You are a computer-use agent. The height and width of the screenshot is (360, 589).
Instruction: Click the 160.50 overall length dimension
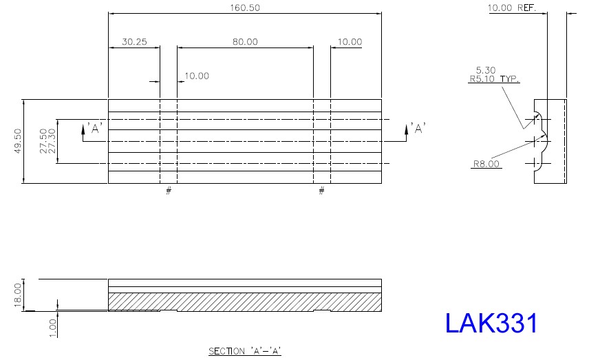pyautogui.click(x=245, y=8)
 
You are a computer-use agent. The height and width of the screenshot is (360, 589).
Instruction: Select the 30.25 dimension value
pyautogui.click(x=134, y=42)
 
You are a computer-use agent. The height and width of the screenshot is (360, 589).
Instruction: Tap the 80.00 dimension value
pyautogui.click(x=245, y=42)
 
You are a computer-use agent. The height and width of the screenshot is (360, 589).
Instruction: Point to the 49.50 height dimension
pyautogui.click(x=18, y=141)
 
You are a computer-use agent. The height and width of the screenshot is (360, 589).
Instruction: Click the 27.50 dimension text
pyautogui.click(x=43, y=141)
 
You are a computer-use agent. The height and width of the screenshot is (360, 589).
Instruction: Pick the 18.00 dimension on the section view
pyautogui.click(x=18, y=295)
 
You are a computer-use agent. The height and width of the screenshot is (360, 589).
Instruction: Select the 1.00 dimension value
pyautogui.click(x=53, y=328)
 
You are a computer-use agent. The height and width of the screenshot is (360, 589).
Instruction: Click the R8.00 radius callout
pyautogui.click(x=486, y=164)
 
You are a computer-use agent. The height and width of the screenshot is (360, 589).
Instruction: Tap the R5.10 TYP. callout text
pyautogui.click(x=494, y=79)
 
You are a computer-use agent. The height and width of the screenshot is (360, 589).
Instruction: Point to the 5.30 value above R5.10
pyautogui.click(x=486, y=70)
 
